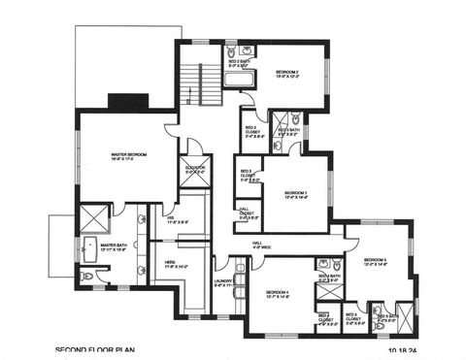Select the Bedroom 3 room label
point(295,195)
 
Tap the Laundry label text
point(225,285)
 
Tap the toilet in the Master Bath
point(88,275)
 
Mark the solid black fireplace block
point(127,102)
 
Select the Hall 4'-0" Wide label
point(262,245)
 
